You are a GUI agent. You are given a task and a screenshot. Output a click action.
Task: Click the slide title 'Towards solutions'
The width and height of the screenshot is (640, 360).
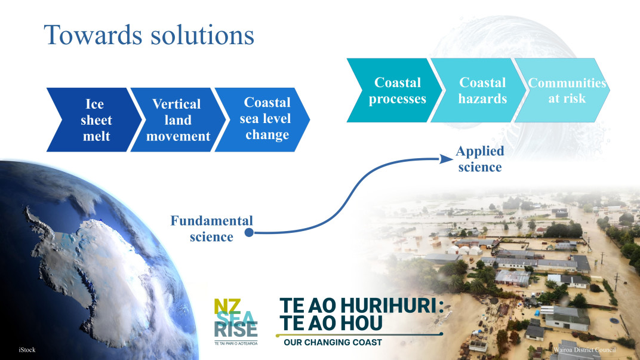tap(149, 35)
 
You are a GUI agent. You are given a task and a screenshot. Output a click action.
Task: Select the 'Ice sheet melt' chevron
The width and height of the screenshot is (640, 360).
tap(96, 120)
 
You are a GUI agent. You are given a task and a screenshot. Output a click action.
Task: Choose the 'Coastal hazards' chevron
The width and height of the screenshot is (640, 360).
tap(481, 90)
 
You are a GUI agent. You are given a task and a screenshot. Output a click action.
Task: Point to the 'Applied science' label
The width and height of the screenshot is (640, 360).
tap(480, 159)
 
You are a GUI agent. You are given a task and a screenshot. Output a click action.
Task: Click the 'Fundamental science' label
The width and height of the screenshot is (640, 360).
tap(211, 229)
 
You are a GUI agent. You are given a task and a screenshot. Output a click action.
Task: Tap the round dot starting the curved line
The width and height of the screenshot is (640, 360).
tap(250, 233)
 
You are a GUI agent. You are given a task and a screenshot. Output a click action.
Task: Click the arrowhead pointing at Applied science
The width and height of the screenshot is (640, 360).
tap(445, 158)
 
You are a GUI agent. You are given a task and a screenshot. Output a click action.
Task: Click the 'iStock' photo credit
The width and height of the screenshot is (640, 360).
tap(27, 349)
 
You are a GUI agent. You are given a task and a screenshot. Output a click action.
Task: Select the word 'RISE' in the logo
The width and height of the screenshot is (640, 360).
tap(236, 330)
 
